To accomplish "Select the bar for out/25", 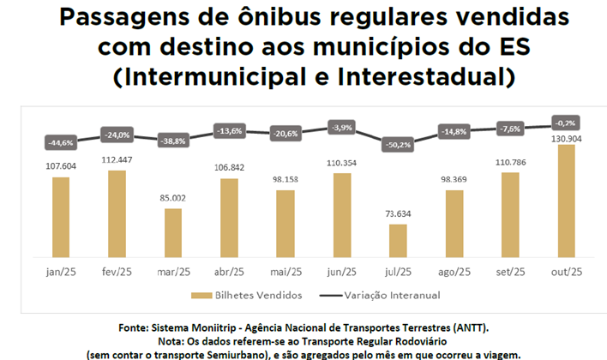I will pos(565,201).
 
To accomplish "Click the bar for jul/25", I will pos(398,241).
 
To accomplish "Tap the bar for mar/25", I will pos(173,232).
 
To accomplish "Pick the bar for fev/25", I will pos(117,213).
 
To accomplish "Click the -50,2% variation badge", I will pos(398,145).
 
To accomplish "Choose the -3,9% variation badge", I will pos(341,127).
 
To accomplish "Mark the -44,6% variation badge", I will pos(61,142).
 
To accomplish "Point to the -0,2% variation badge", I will pos(565,123).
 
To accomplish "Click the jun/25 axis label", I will pos(341,272).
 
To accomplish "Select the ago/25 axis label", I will pos(454,272).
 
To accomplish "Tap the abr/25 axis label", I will pos(229,272).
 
